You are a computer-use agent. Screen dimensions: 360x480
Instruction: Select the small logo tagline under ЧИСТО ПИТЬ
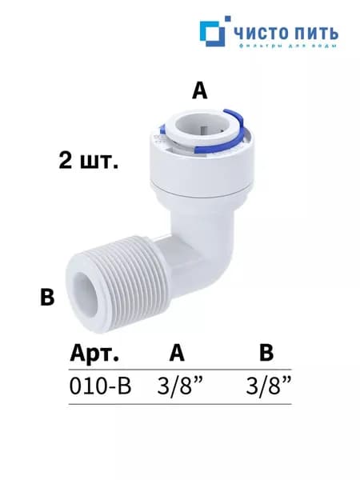(x=287, y=46)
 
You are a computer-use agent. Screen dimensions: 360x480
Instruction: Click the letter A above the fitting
(x=199, y=91)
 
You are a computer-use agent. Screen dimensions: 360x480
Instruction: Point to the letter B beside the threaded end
(x=47, y=297)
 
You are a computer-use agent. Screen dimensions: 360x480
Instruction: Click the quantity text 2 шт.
(x=89, y=161)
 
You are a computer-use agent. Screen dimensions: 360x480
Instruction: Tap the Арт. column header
(x=94, y=354)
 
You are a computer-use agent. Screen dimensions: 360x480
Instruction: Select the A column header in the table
(x=177, y=354)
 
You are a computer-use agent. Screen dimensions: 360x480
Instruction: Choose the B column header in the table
(x=266, y=354)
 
